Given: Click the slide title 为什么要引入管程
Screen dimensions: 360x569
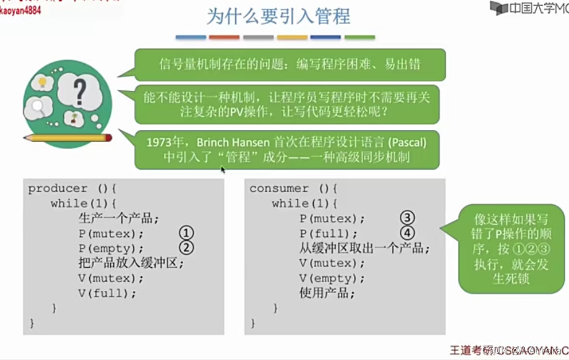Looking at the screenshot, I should coord(278,17).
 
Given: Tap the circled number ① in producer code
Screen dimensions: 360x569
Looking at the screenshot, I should coord(186,233).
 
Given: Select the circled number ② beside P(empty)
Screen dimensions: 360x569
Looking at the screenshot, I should coord(186,247).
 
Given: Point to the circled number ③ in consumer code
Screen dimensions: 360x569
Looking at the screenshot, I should coord(407,218).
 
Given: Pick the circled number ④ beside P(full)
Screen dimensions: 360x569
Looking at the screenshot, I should coord(407,233).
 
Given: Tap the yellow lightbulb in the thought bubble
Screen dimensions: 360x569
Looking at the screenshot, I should coord(41,82).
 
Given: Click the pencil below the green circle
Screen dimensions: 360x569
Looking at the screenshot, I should coord(67,138).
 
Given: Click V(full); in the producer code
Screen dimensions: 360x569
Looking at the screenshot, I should coord(107,293).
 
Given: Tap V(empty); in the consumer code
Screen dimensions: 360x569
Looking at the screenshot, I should coord(332,278).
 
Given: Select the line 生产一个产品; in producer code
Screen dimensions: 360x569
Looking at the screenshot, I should coord(118,218).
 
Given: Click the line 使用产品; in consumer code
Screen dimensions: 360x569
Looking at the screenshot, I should coord(327,293).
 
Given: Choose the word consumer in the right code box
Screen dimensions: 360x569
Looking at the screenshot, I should coord(279,188).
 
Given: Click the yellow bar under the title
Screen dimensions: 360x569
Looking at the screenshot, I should coord(292,38).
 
